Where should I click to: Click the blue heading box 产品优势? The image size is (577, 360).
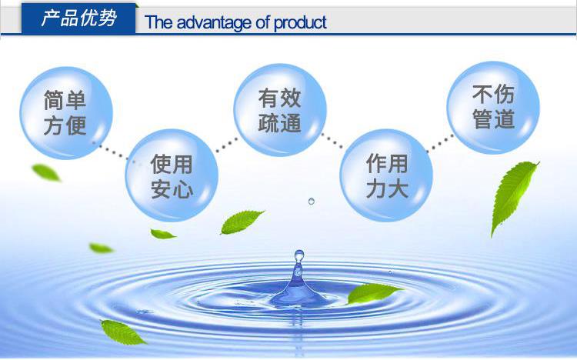(x=78, y=18)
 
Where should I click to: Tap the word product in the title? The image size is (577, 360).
(x=300, y=23)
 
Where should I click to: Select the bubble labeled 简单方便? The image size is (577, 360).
(x=66, y=113)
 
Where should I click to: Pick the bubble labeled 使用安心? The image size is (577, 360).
(x=172, y=175)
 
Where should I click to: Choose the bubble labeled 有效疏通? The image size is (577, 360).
(x=280, y=110)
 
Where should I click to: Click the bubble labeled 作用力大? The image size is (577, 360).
(x=386, y=175)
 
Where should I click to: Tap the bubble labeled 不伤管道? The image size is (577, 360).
(x=493, y=108)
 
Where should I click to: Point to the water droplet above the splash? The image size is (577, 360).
(x=299, y=255)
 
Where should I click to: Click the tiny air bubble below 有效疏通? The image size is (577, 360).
(x=312, y=201)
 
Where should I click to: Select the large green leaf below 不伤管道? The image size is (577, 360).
(x=513, y=198)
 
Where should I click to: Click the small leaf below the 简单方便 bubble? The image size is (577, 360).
(x=46, y=172)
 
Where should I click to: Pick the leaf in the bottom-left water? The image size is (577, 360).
(x=122, y=332)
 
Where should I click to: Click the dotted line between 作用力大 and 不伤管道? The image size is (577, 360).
(x=440, y=143)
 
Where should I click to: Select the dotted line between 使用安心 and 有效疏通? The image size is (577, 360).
(x=227, y=145)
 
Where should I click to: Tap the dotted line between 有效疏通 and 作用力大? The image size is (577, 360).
(x=332, y=141)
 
